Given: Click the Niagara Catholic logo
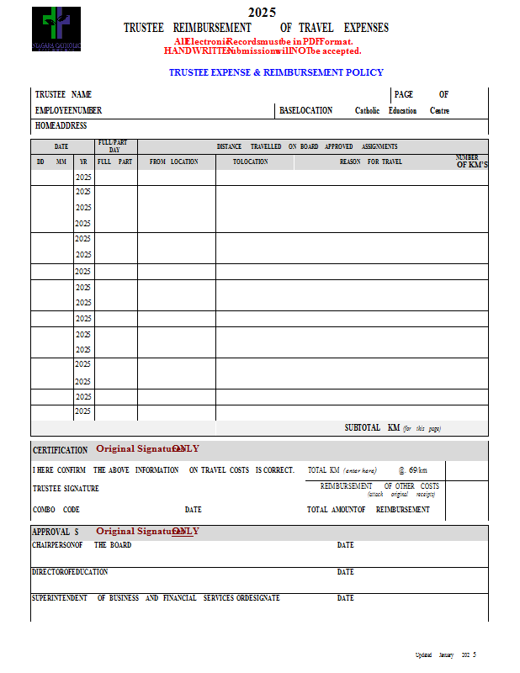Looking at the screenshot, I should click(x=56, y=29).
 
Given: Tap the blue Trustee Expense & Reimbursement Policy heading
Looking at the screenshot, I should click(x=276, y=72).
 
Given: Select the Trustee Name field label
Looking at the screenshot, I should click(x=63, y=94).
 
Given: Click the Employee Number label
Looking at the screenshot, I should click(x=68, y=110).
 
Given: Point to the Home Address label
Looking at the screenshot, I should click(x=61, y=125).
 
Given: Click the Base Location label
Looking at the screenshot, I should click(x=305, y=110).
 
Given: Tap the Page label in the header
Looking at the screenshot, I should click(x=404, y=94).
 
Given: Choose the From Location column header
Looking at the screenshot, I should click(x=173, y=162).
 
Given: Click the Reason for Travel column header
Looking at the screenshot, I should click(x=371, y=162).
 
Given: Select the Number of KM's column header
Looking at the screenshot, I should click(x=470, y=161).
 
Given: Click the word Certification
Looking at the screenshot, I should click(x=60, y=450).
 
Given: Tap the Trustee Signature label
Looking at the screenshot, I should click(x=66, y=489).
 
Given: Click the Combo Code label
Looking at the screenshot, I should click(x=56, y=509).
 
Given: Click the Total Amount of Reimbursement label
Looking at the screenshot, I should click(x=369, y=509).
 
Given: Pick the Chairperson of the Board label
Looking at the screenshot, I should click(x=81, y=545).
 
